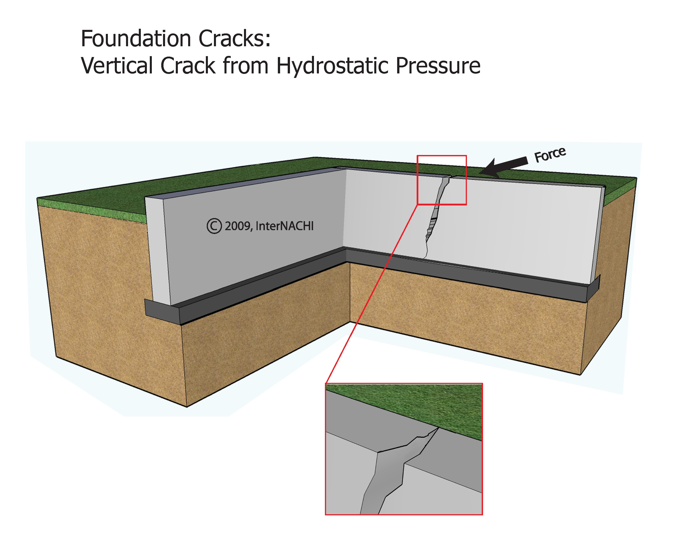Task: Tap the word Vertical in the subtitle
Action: tap(117, 66)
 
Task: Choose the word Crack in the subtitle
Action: tap(188, 66)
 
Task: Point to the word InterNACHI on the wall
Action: tap(284, 226)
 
